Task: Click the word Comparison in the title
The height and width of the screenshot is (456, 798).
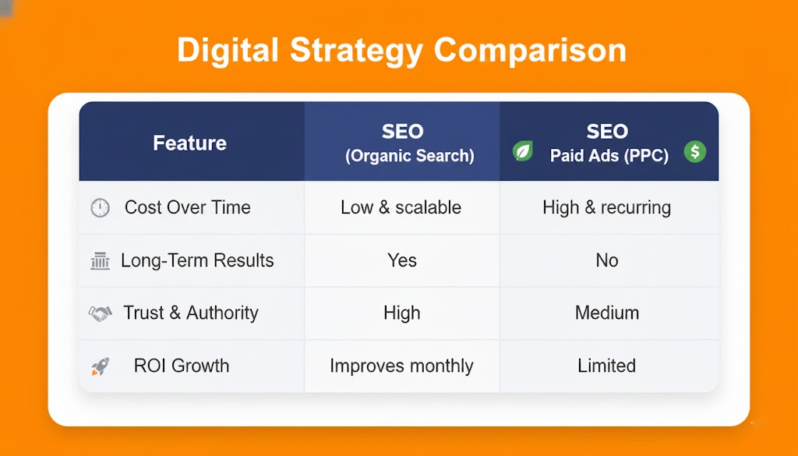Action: coord(530,51)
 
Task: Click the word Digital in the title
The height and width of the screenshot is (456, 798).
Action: coord(228,50)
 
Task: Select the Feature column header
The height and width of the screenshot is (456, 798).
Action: coord(190,143)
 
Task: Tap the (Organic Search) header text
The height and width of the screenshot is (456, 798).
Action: coord(410,156)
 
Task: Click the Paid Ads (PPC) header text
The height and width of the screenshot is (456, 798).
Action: coord(609,156)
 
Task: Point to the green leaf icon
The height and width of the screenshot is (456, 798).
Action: coord(523,151)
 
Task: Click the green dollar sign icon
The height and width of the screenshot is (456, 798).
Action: coord(694,151)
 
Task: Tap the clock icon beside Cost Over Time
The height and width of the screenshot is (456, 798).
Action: coord(101,207)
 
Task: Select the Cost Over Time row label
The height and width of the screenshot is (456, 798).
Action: coord(188,207)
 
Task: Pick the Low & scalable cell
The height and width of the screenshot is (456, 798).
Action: coord(401,207)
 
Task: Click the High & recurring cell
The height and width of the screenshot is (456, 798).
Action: coord(606,207)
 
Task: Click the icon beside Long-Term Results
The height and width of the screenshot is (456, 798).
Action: coord(101,260)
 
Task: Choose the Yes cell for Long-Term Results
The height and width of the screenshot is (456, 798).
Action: coord(402,260)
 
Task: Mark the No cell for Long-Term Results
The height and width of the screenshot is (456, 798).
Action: coord(607,260)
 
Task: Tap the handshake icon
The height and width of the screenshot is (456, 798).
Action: coord(101,313)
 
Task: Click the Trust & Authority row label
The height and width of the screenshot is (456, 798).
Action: coord(191,313)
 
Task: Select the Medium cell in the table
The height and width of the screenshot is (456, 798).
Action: coord(607,313)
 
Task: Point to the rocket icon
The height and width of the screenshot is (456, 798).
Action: coord(101,366)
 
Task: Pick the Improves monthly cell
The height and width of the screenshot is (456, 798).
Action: coord(401,366)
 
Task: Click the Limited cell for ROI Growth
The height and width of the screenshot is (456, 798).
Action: coord(606,366)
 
